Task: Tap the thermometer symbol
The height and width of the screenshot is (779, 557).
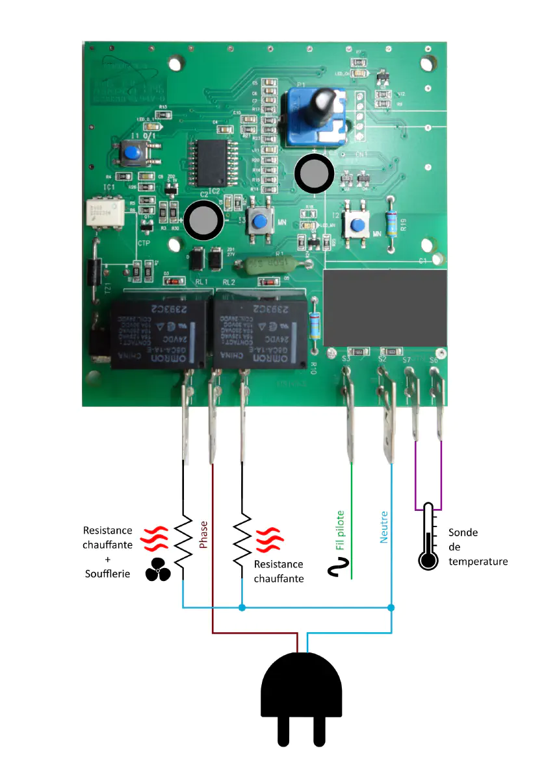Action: pos(428,536)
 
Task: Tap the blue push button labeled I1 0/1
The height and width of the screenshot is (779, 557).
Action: pos(133,154)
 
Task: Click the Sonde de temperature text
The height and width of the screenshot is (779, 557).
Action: pos(478,547)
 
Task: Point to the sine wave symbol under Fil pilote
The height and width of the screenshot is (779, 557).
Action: pos(338,571)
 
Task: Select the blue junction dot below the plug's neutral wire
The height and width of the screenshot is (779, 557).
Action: pos(391,608)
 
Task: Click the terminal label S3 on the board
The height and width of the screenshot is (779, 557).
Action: pos(346,359)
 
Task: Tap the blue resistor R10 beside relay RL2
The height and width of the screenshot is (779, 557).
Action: pos(315,325)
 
